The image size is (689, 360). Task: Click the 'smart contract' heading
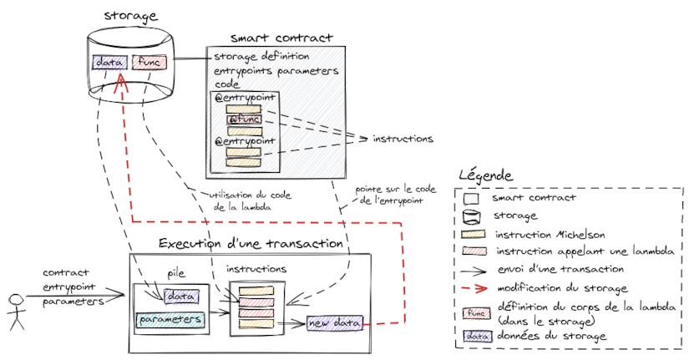[x=281, y=38]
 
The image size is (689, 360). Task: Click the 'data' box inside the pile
[x=181, y=296]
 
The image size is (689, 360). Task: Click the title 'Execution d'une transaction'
[x=251, y=244]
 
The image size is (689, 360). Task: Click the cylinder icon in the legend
[x=472, y=215]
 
